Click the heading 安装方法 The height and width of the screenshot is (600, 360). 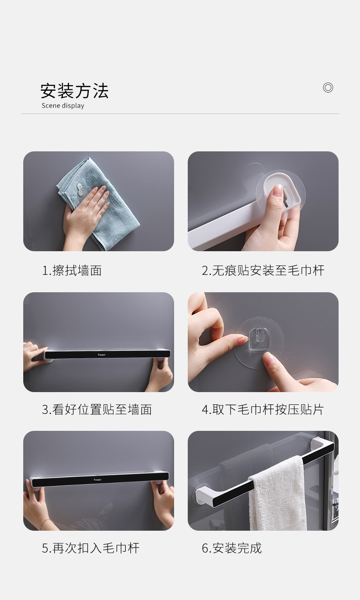point(74,91)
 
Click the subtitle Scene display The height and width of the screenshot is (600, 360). point(63,106)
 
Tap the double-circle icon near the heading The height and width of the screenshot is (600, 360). point(328,88)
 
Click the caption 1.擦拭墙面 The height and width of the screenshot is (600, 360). point(72,271)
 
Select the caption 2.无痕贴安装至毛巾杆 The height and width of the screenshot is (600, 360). point(263,271)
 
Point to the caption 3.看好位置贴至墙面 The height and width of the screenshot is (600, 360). point(97,409)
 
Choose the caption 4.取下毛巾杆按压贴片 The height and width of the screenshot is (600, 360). point(262,409)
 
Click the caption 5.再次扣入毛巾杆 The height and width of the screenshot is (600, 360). point(90,548)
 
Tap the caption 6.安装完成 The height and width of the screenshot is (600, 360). point(231,548)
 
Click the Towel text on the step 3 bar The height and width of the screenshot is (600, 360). point(101,354)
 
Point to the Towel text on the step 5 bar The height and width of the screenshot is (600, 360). point(98,480)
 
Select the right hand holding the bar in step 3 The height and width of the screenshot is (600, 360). point(160,374)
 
